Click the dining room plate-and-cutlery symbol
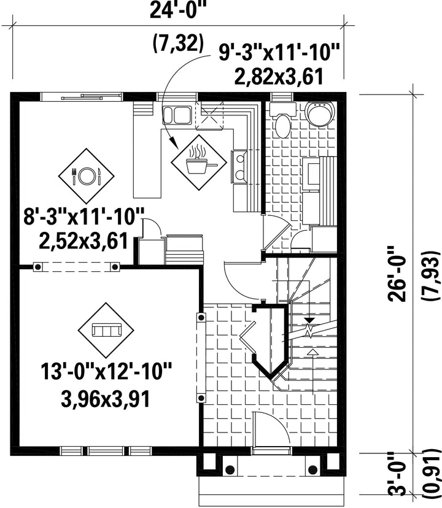coord(87,175)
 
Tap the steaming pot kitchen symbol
coord(198,163)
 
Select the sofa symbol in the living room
coord(106,330)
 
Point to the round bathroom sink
coord(320,114)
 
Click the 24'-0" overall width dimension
coord(179,11)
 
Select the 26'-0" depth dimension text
coord(398,274)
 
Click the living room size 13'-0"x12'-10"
coord(106,372)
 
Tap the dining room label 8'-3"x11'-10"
coord(83,217)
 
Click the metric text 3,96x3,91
coord(106,399)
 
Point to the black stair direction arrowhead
coord(310,320)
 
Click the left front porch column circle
coord(230,469)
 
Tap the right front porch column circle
coord(313,469)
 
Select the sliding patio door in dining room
coord(82,96)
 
